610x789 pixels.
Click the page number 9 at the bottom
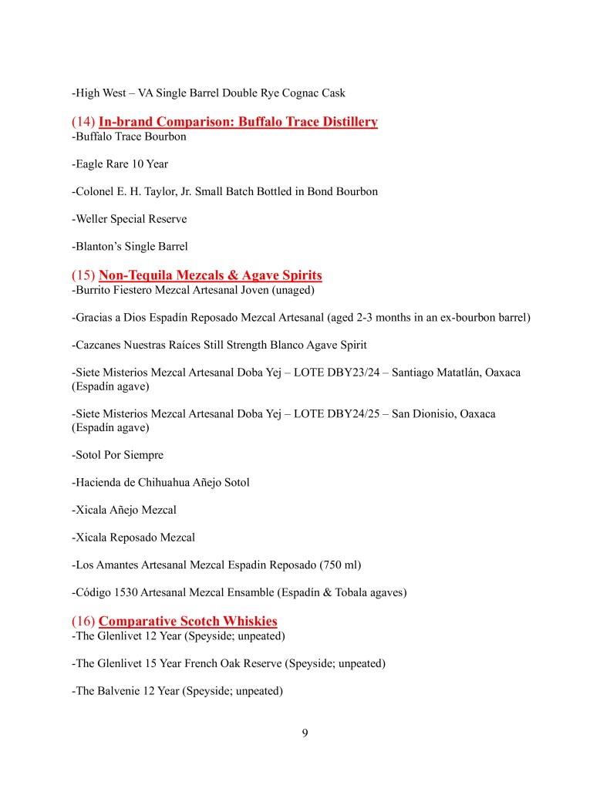pos(305,733)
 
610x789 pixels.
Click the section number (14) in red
pos(83,122)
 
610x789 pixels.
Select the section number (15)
pos(83,275)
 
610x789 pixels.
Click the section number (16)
pos(83,622)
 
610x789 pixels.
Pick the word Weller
pos(93,219)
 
